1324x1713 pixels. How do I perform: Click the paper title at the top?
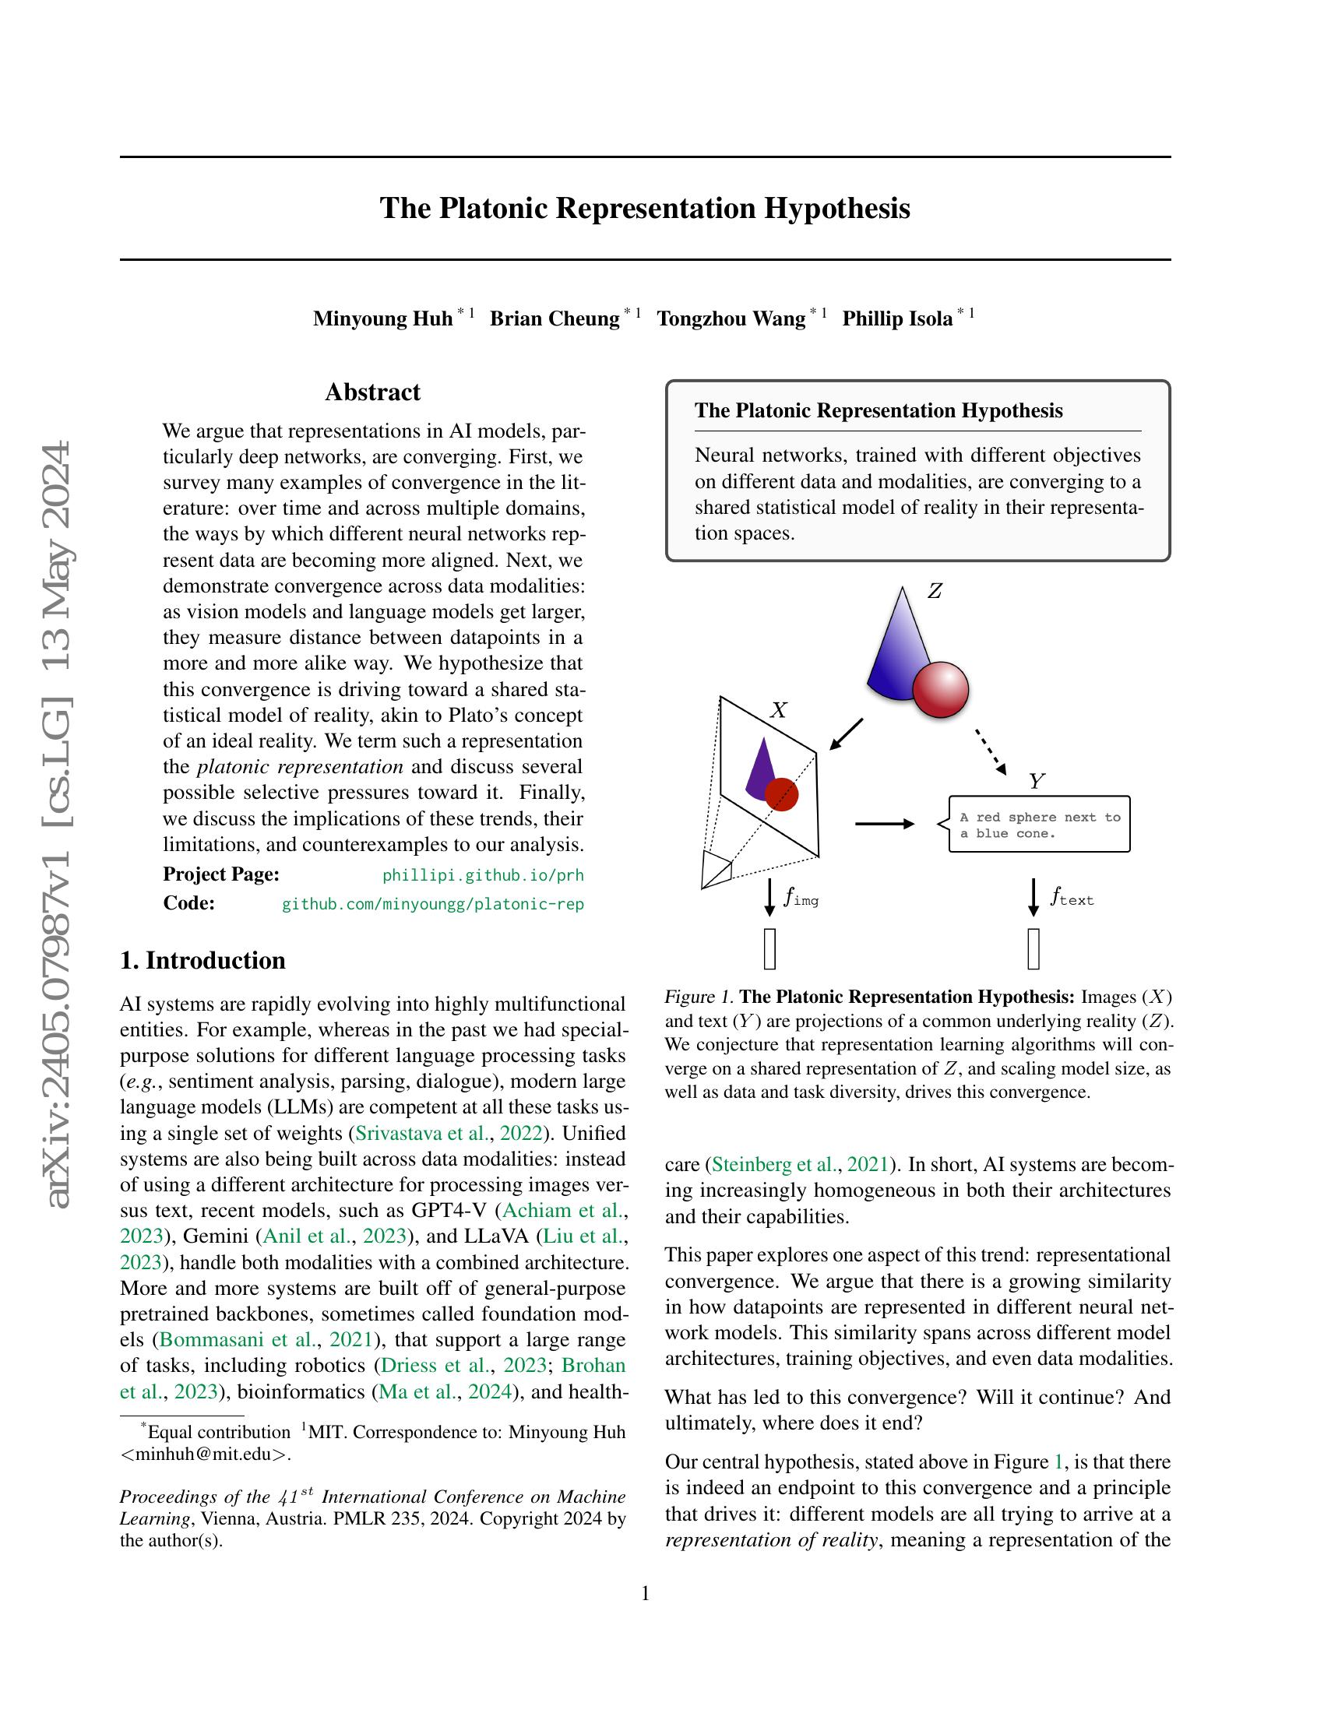point(645,209)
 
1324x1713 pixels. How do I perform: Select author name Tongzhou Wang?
point(731,318)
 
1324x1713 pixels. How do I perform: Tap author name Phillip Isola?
point(896,318)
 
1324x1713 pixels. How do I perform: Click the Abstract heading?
point(372,392)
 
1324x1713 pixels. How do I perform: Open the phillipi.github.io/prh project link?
point(482,875)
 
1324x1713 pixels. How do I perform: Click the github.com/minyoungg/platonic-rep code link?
point(432,904)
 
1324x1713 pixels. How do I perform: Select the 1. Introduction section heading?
point(202,961)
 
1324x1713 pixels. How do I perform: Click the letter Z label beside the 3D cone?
point(934,592)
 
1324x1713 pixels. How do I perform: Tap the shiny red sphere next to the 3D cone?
point(941,689)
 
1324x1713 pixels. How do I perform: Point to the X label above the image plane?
point(778,711)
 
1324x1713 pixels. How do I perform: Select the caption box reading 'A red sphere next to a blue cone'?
point(1038,825)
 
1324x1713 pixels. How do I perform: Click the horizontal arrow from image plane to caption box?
point(884,824)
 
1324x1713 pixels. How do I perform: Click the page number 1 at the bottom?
point(645,1593)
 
